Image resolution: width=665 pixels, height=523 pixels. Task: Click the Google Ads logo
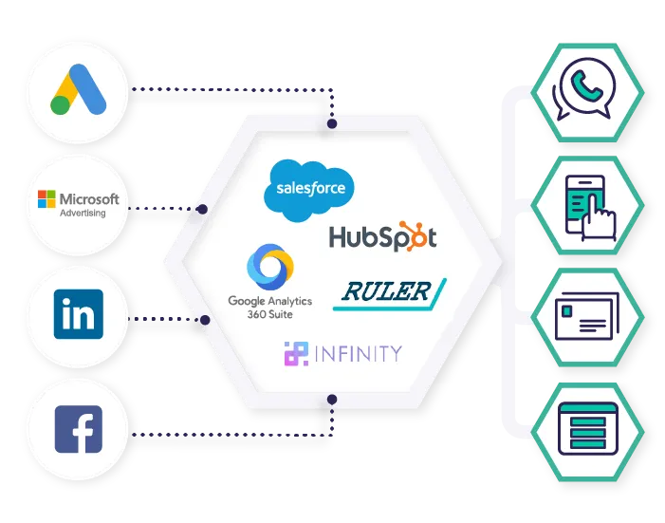tap(79, 92)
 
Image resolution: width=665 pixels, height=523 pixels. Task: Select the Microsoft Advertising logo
tap(79, 203)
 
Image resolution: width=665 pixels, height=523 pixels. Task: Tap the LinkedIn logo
tap(79, 315)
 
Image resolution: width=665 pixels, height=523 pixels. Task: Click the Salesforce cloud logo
tap(309, 189)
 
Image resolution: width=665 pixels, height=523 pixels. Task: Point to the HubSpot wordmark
tap(382, 236)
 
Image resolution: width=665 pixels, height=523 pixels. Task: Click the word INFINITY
tap(358, 354)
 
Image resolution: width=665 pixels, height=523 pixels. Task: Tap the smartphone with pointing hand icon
tap(588, 204)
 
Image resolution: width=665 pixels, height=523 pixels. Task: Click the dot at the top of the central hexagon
tap(332, 123)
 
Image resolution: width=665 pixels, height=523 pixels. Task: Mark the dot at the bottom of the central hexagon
tap(332, 398)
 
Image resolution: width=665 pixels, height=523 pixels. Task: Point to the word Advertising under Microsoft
tap(83, 214)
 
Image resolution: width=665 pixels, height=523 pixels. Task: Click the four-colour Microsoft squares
tap(46, 199)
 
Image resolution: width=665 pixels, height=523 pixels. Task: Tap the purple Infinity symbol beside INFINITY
tap(296, 354)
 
